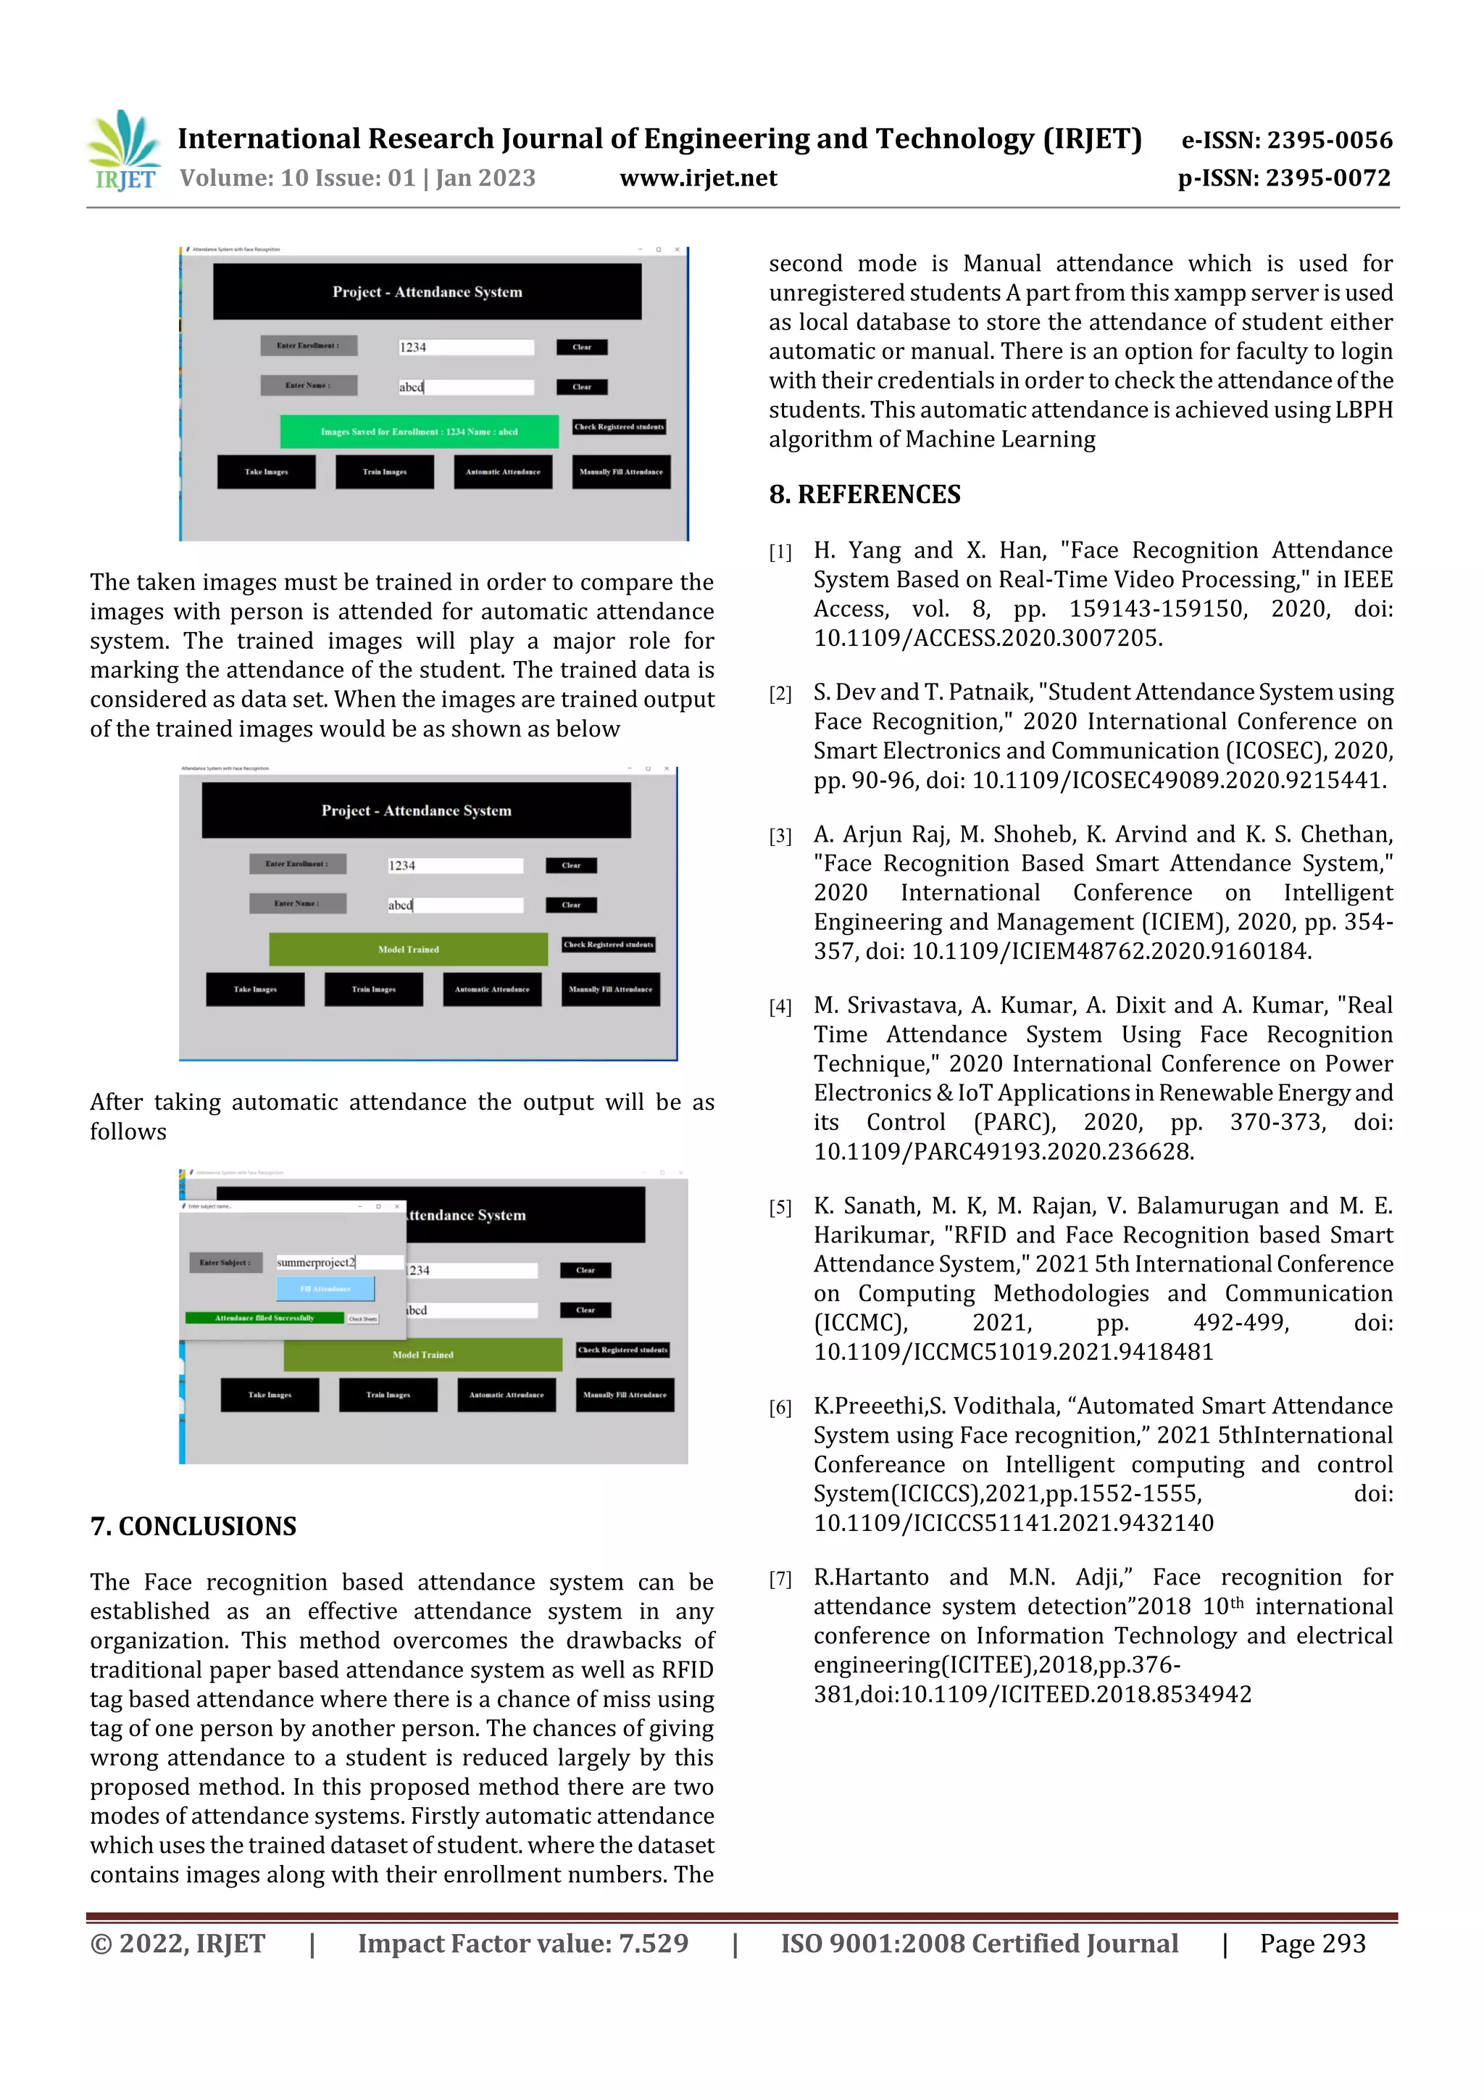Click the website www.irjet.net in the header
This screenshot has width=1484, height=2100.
[698, 178]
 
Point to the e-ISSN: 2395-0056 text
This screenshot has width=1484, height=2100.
[1286, 140]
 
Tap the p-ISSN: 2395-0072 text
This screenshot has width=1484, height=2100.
[1284, 178]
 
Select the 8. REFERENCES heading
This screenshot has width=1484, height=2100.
[864, 495]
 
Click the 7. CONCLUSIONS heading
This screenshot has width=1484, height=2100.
[193, 1526]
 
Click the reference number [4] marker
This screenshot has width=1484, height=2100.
[780, 1007]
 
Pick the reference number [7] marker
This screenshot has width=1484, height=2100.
[780, 1579]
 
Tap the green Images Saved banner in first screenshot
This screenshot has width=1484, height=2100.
[419, 432]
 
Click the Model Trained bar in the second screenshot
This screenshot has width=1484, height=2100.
[408, 950]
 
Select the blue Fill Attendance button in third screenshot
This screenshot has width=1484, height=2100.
[325, 1289]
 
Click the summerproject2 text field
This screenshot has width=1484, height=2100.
[338, 1262]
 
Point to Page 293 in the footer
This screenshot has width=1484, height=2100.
[1312, 1943]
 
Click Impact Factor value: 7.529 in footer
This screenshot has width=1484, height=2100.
[522, 1943]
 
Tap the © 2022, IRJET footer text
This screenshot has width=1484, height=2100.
[178, 1943]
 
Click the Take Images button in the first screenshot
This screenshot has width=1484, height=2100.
[266, 472]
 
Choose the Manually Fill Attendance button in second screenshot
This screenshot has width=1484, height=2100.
[610, 989]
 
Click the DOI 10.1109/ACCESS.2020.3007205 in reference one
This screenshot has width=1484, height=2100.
[988, 639]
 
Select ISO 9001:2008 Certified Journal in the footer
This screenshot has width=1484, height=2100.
[978, 1943]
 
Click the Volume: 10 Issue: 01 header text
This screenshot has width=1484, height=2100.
[357, 178]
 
